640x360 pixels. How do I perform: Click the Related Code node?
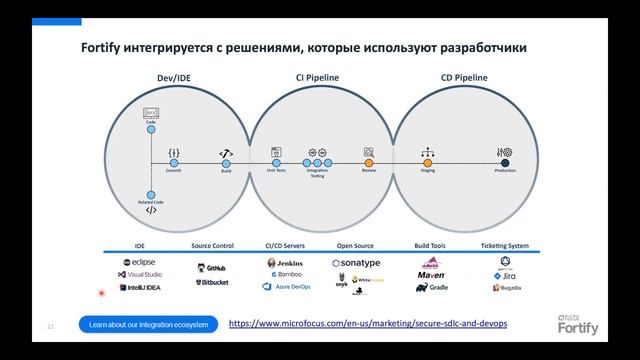[x=151, y=195]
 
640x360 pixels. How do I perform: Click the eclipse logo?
[x=139, y=262]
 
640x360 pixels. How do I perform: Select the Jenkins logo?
[x=284, y=262]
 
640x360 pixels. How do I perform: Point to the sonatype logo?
[x=356, y=262]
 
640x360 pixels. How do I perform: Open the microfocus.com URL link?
[x=368, y=324]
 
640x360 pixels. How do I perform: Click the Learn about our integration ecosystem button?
[x=148, y=325]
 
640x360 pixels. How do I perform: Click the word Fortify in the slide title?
[x=103, y=48]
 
